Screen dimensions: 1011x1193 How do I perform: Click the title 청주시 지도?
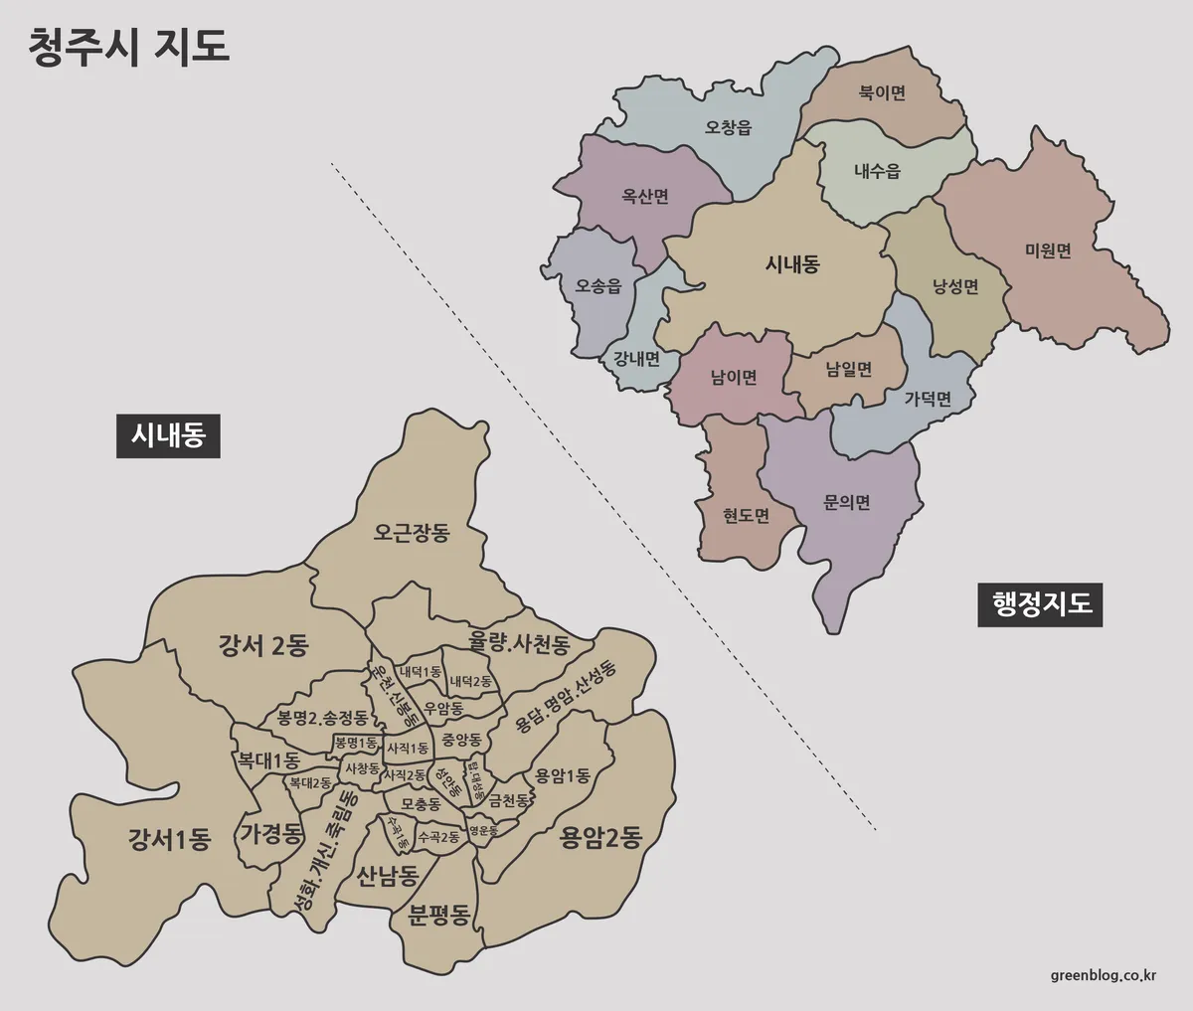pos(130,47)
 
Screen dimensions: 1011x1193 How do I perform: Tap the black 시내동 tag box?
pos(168,435)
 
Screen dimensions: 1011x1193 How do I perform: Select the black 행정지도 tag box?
pos(1042,603)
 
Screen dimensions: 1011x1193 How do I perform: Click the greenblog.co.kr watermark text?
pos(1109,975)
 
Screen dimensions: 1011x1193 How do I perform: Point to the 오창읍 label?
pos(729,127)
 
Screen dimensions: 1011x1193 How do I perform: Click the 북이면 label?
pos(882,93)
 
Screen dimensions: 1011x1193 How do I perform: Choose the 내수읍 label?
pos(877,170)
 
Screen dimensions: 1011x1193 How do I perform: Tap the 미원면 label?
pos(1048,252)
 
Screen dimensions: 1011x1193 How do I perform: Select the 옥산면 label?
pos(645,196)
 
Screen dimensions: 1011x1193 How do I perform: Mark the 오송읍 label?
pos(598,286)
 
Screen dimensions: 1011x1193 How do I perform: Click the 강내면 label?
pos(636,358)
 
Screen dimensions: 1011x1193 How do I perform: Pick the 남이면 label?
pos(734,377)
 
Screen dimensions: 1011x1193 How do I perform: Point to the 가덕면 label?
pos(928,399)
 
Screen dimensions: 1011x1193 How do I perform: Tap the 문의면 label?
pos(847,502)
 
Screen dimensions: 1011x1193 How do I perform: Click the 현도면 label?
pos(747,515)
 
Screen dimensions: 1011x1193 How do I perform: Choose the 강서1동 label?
pos(170,840)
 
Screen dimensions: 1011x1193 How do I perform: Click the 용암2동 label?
pos(600,838)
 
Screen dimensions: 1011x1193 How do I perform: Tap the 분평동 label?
pos(438,915)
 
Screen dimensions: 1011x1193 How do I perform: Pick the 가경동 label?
pos(271,833)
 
